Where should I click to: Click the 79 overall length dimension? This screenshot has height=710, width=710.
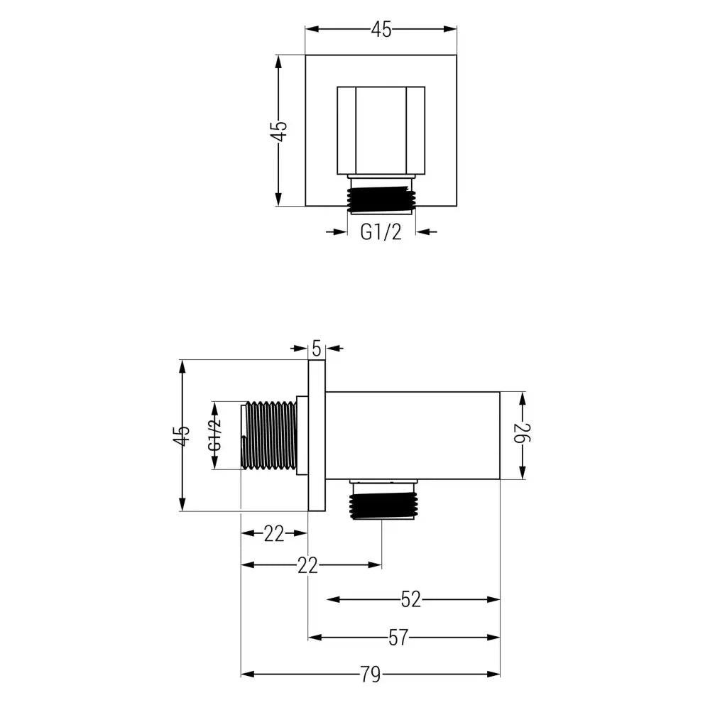pyautogui.click(x=370, y=674)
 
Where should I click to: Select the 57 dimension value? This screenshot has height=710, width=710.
pyautogui.click(x=398, y=637)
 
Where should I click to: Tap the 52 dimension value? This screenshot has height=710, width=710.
pyautogui.click(x=410, y=599)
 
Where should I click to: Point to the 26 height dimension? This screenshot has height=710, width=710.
pyautogui.click(x=523, y=435)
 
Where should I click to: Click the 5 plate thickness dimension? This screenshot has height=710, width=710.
pyautogui.click(x=317, y=348)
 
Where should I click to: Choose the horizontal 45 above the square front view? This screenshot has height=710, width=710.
pyautogui.click(x=381, y=29)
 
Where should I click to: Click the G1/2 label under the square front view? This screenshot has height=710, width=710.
pyautogui.click(x=381, y=231)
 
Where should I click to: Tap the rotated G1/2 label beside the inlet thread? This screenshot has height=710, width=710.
pyautogui.click(x=215, y=435)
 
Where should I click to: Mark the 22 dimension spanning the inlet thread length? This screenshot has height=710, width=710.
pyautogui.click(x=274, y=532)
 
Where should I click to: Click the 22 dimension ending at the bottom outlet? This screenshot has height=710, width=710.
pyautogui.click(x=307, y=565)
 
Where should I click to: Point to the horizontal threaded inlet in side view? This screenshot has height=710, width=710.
pyautogui.click(x=270, y=435)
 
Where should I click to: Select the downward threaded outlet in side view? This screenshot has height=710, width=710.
pyautogui.click(x=382, y=503)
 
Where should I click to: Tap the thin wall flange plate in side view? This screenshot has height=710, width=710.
pyautogui.click(x=317, y=435)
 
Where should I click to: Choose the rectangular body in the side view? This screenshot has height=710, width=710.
pyautogui.click(x=413, y=435)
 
